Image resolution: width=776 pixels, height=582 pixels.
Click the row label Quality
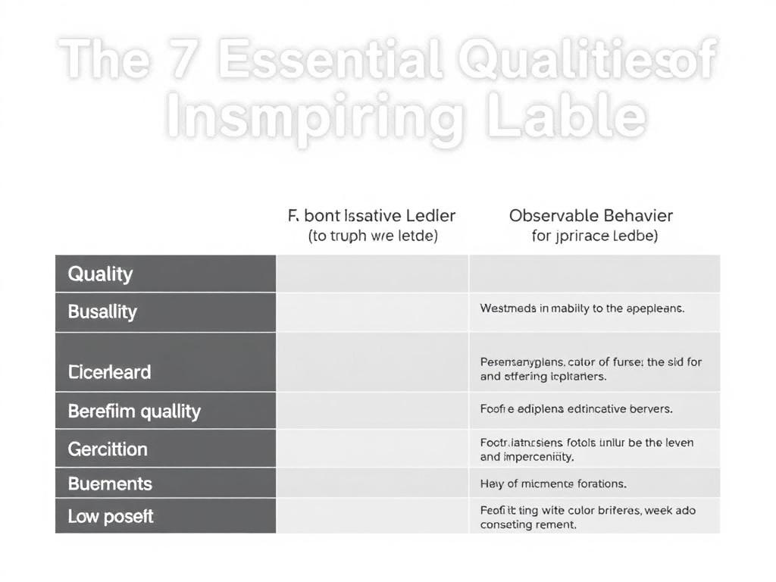coord(100,274)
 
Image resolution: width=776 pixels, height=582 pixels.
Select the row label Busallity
coord(102,311)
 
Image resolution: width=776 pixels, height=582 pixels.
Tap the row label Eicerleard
coord(109,372)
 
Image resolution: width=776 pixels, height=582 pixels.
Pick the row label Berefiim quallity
coord(134,411)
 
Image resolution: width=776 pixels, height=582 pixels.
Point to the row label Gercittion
coord(108,449)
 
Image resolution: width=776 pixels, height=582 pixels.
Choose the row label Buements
coord(110,483)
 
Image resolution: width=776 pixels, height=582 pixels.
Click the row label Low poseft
coord(111,517)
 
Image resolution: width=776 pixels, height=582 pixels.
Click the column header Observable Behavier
coord(591,216)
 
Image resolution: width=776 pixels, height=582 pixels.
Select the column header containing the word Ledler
coord(372,216)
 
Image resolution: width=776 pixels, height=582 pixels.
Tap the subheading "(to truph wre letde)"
coord(373,236)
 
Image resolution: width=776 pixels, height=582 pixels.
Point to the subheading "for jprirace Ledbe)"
coord(595,236)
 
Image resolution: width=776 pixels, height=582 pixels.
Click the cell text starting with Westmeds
coord(582,308)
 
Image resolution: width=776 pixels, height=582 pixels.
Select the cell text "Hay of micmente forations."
coord(553,483)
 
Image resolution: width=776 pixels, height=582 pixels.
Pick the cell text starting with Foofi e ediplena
coord(576,409)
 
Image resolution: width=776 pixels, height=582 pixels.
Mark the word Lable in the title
coord(566,117)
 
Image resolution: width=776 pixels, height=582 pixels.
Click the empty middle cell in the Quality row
coord(372,274)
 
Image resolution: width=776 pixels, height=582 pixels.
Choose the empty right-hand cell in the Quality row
coord(594,274)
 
